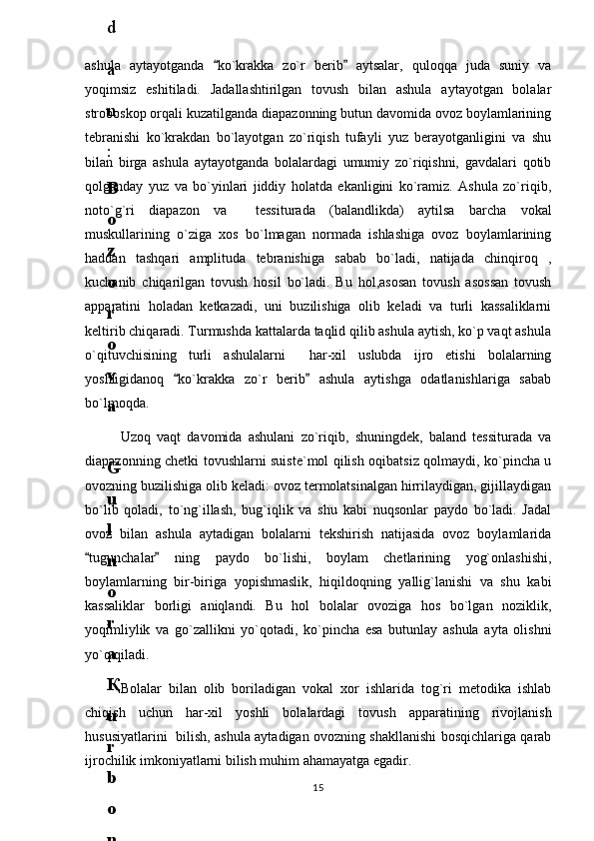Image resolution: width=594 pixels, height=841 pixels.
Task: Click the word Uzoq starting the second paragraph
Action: [137, 436]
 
